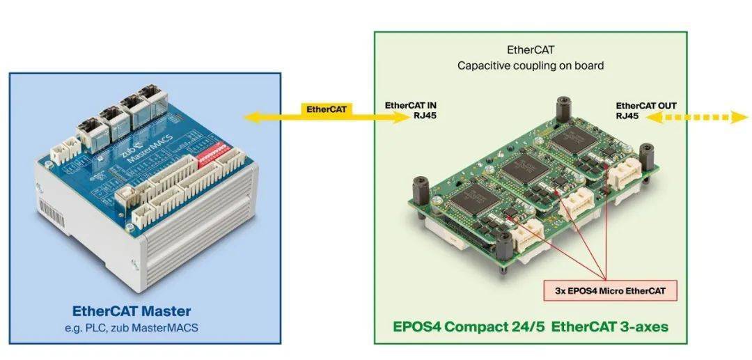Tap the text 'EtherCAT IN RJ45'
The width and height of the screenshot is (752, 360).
(x=411, y=111)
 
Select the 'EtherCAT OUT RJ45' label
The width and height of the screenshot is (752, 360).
(x=645, y=111)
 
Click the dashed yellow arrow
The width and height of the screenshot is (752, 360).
(x=696, y=118)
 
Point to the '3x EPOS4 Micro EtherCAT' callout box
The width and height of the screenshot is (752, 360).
(x=609, y=289)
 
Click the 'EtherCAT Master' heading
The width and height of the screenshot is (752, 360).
(x=132, y=311)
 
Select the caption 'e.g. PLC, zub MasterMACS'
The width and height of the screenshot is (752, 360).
(x=132, y=327)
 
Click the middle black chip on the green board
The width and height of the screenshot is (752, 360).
(x=526, y=167)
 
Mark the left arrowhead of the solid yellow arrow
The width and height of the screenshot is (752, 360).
(x=251, y=118)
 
